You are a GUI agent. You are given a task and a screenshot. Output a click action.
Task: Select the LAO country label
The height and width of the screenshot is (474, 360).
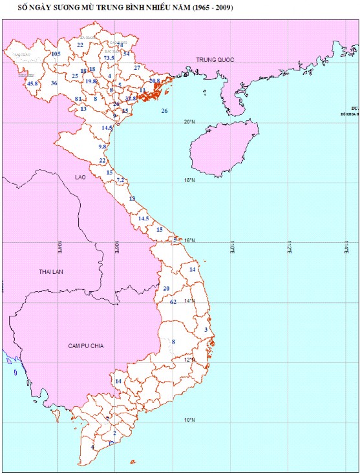tap(80, 176)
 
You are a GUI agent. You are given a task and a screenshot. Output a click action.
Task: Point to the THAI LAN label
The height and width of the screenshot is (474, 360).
tap(52, 271)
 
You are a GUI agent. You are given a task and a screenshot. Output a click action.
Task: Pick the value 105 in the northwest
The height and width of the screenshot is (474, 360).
tap(56, 54)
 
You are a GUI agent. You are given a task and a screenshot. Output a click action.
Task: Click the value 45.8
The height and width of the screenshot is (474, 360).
tap(32, 83)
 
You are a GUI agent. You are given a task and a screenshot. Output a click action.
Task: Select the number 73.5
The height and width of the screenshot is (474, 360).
tap(109, 58)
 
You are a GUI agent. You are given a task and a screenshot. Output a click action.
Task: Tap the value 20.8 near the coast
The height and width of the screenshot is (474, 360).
tap(154, 81)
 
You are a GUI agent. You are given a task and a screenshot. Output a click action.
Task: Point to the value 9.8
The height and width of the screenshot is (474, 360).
tap(102, 147)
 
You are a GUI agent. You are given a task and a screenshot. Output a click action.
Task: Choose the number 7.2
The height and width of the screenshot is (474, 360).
tap(120, 180)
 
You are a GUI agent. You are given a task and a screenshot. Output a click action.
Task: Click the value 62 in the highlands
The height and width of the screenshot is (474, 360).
tap(173, 302)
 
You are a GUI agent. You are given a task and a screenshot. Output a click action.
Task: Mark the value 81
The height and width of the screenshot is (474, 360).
tap(78, 99)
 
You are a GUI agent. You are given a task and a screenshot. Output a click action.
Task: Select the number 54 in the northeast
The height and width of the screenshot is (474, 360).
tap(127, 54)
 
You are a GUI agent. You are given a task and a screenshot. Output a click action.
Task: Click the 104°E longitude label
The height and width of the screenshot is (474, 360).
tap(59, 247)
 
